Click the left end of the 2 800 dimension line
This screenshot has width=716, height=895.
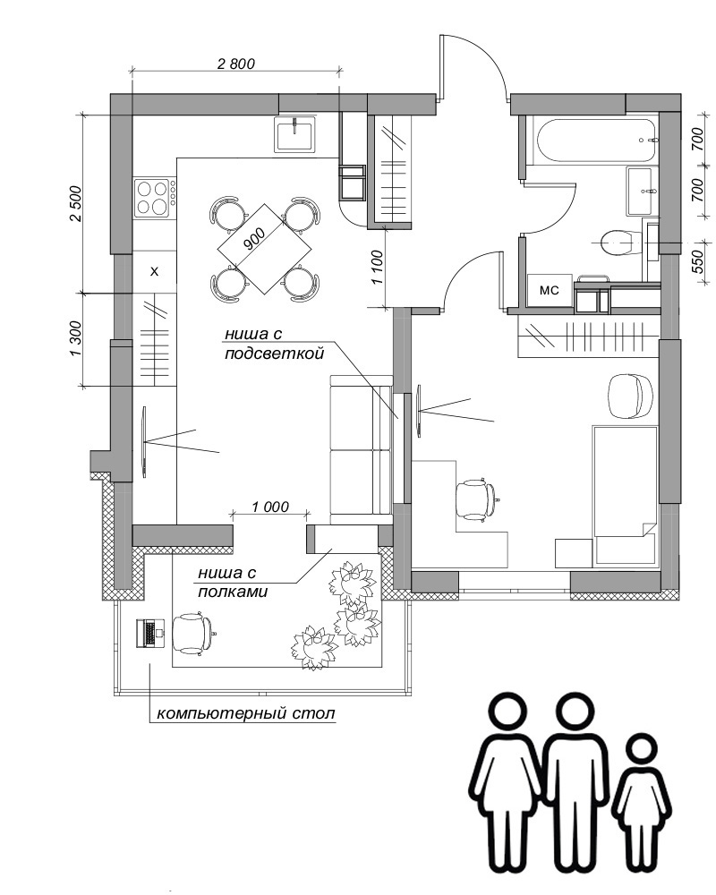click(x=132, y=71)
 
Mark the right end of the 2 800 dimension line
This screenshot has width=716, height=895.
click(x=340, y=71)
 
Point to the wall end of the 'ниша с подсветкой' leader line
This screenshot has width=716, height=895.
click(x=397, y=419)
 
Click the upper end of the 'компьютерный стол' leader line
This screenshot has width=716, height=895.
click(x=149, y=664)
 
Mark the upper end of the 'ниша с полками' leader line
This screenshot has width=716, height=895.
click(x=332, y=550)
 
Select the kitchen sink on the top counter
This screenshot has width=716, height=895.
click(x=294, y=134)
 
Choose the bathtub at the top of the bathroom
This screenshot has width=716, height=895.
click(x=597, y=140)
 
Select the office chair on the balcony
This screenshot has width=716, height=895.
click(x=192, y=632)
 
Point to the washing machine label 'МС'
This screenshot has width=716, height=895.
click(x=549, y=291)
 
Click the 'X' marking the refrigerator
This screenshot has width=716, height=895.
click(x=154, y=272)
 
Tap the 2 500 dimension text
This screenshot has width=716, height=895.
click(x=76, y=204)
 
